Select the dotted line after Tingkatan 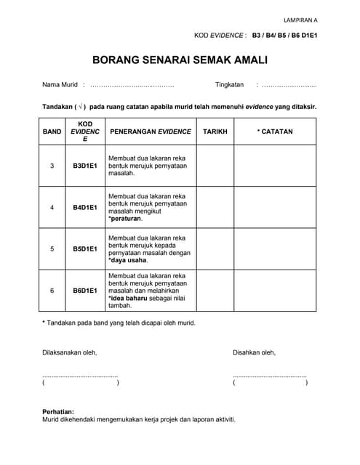(289, 85)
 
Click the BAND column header (52, 132)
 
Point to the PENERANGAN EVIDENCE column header (150, 132)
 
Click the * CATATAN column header (275, 132)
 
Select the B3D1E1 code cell (85, 166)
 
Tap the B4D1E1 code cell (85, 207)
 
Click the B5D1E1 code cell (85, 248)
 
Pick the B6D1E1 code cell (85, 291)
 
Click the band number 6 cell (52, 291)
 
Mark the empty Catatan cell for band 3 (275, 166)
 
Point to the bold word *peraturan (125, 218)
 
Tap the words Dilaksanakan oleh (70, 352)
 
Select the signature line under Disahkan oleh (270, 376)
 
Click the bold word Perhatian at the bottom (58, 411)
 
